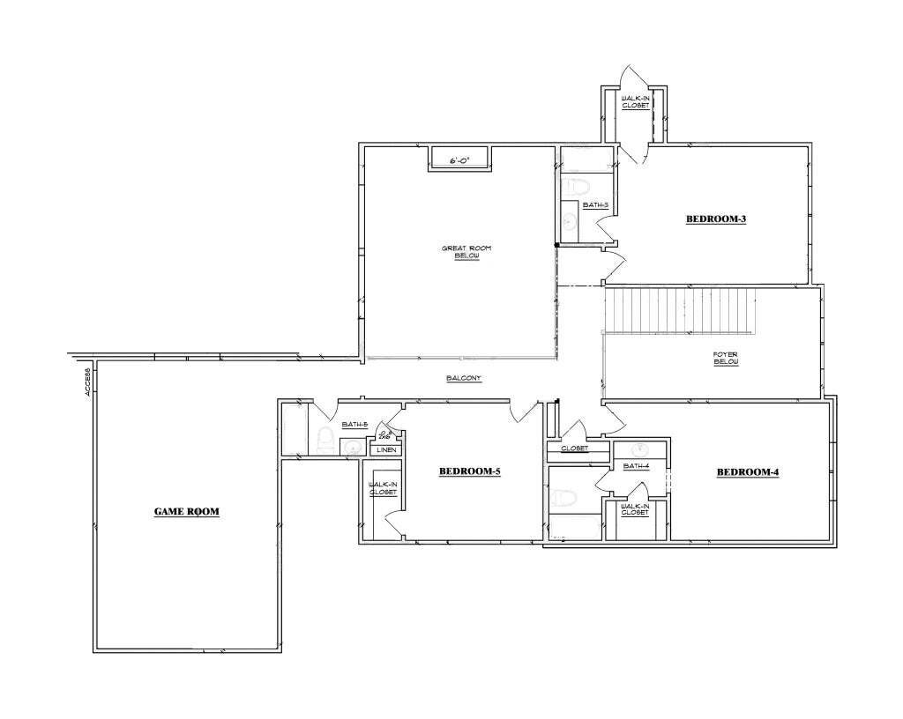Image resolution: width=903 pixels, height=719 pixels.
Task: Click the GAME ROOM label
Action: click(x=186, y=511)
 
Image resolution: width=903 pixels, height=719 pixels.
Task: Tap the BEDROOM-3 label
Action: click(x=716, y=219)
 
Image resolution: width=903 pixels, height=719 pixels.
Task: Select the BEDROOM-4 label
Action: click(x=747, y=472)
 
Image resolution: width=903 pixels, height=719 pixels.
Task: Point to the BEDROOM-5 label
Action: click(x=470, y=472)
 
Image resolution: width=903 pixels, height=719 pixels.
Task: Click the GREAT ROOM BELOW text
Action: click(x=466, y=252)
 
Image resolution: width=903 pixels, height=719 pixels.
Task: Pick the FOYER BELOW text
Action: click(x=726, y=358)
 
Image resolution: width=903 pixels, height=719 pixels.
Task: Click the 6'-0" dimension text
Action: click(x=459, y=161)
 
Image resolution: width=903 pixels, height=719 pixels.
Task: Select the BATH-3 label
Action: click(x=595, y=205)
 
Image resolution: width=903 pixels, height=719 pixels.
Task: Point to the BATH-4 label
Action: click(x=636, y=466)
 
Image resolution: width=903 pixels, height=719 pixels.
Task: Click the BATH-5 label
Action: click(x=354, y=425)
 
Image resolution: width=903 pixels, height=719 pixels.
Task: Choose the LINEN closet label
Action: click(x=386, y=450)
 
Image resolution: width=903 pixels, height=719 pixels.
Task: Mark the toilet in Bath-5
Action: click(x=324, y=439)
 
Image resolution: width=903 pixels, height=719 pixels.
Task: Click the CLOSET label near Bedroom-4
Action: click(x=574, y=448)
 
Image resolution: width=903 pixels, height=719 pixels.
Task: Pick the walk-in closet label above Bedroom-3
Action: click(x=635, y=101)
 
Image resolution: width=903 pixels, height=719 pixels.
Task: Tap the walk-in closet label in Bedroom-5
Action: click(x=383, y=488)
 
